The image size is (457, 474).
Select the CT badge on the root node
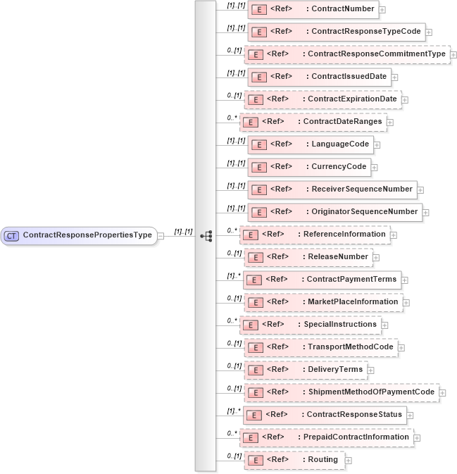[11, 235]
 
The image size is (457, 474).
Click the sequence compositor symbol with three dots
[206, 236]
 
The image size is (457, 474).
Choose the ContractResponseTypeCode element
[336, 32]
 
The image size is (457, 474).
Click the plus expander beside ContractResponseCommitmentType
[454, 54]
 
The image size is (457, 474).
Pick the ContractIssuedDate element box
[319, 77]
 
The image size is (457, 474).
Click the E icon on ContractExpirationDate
[258, 99]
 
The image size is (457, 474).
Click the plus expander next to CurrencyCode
[375, 167]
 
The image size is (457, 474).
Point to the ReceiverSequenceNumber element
[332, 189]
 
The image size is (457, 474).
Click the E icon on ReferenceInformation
[249, 235]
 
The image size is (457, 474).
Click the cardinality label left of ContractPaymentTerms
[234, 275]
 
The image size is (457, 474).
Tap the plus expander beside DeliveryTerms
[371, 370]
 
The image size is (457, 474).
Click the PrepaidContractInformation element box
[326, 437]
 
